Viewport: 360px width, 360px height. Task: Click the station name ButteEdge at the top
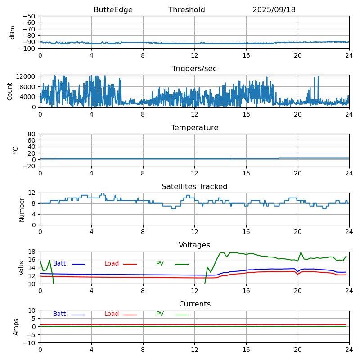coord(113,10)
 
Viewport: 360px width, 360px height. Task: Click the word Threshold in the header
coord(186,10)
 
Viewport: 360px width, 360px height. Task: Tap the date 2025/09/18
coord(274,10)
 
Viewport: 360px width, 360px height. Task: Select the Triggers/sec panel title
coord(194,69)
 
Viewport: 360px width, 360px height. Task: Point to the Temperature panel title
coord(194,128)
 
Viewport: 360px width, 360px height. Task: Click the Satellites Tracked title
coord(194,187)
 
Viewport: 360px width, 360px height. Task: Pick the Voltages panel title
coord(194,245)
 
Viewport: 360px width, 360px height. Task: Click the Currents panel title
coord(194,304)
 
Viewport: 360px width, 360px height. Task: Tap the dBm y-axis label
coord(13,32)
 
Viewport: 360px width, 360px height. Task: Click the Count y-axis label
coord(10,91)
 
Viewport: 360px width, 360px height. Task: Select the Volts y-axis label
coord(22,268)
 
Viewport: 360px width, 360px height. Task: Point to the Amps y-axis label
coord(16,327)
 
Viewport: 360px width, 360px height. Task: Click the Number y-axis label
coord(22,209)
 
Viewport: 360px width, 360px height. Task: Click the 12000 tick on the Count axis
coord(26,77)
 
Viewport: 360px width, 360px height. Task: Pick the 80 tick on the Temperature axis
coord(32,134)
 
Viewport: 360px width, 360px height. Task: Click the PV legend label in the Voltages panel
coord(160,264)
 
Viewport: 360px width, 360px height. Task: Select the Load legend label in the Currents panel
coord(112,314)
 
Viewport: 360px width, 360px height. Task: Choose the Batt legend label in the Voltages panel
coord(59,264)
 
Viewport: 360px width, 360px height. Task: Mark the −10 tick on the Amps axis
coord(30,343)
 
